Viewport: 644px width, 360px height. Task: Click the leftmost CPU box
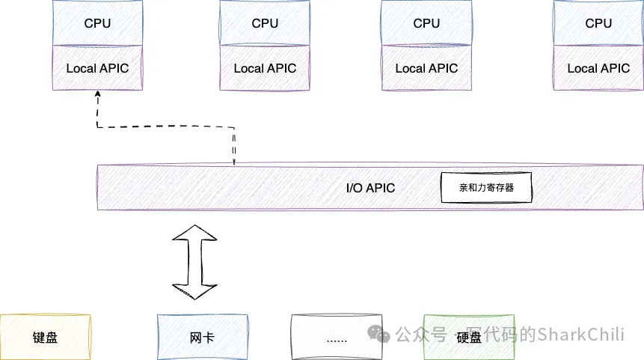click(97, 23)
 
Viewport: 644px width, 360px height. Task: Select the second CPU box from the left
click(265, 23)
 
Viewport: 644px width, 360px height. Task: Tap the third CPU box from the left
click(426, 23)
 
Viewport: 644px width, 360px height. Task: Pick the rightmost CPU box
click(598, 23)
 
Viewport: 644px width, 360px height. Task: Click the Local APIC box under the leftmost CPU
click(97, 68)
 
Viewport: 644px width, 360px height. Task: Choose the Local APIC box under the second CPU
click(265, 68)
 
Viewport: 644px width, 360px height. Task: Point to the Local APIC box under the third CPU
click(426, 68)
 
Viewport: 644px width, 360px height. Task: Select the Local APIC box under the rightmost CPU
click(598, 68)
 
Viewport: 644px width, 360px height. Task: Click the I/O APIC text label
click(370, 188)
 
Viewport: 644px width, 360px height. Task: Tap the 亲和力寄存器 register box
click(486, 188)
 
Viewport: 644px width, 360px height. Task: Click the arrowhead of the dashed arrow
click(97, 96)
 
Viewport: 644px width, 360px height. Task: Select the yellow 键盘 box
click(46, 337)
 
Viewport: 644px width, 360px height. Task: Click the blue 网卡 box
click(203, 337)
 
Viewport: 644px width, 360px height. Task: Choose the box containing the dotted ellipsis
click(337, 337)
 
